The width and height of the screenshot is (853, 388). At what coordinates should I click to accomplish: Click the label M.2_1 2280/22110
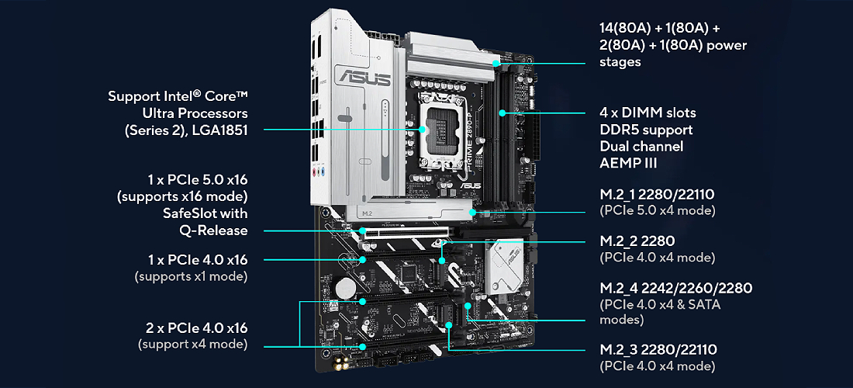pos(657,195)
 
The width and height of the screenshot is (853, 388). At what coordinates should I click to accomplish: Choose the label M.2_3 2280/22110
pos(658,349)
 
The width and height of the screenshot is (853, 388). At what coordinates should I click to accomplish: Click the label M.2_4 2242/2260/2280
pos(675,288)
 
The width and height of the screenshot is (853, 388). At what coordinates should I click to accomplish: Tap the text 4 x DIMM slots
pos(648,113)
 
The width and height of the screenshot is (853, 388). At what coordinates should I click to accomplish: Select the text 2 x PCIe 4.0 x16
pos(197,328)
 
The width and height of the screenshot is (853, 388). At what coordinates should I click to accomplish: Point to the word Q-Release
pos(213,230)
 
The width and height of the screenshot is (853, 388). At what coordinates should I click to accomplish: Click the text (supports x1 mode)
pos(191,277)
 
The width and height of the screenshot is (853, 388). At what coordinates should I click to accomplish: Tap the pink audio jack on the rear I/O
pos(314,173)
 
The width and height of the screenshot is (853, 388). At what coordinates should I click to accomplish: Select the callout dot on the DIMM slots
pos(502,113)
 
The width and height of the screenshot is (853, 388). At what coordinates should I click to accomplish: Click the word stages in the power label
pos(620,62)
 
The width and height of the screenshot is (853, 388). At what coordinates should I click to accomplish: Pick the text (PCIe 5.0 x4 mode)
pos(657,210)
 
